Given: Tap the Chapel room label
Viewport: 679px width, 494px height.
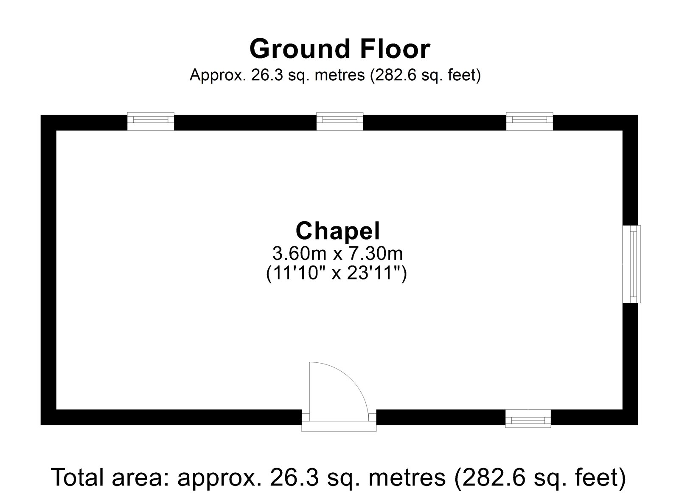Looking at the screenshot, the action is tap(338, 232).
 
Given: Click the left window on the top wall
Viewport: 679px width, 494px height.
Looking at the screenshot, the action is tap(151, 121).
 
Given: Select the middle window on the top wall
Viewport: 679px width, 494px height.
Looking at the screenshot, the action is tap(340, 121).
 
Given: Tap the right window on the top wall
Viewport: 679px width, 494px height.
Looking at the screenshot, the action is tap(530, 121).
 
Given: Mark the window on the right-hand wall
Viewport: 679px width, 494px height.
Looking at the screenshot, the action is tap(632, 264).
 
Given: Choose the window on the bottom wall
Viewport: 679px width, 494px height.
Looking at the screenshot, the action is tap(528, 418).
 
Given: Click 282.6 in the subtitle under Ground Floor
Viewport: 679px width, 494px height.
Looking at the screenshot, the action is tap(396, 76).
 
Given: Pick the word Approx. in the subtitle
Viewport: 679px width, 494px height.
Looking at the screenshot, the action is tap(219, 76).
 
